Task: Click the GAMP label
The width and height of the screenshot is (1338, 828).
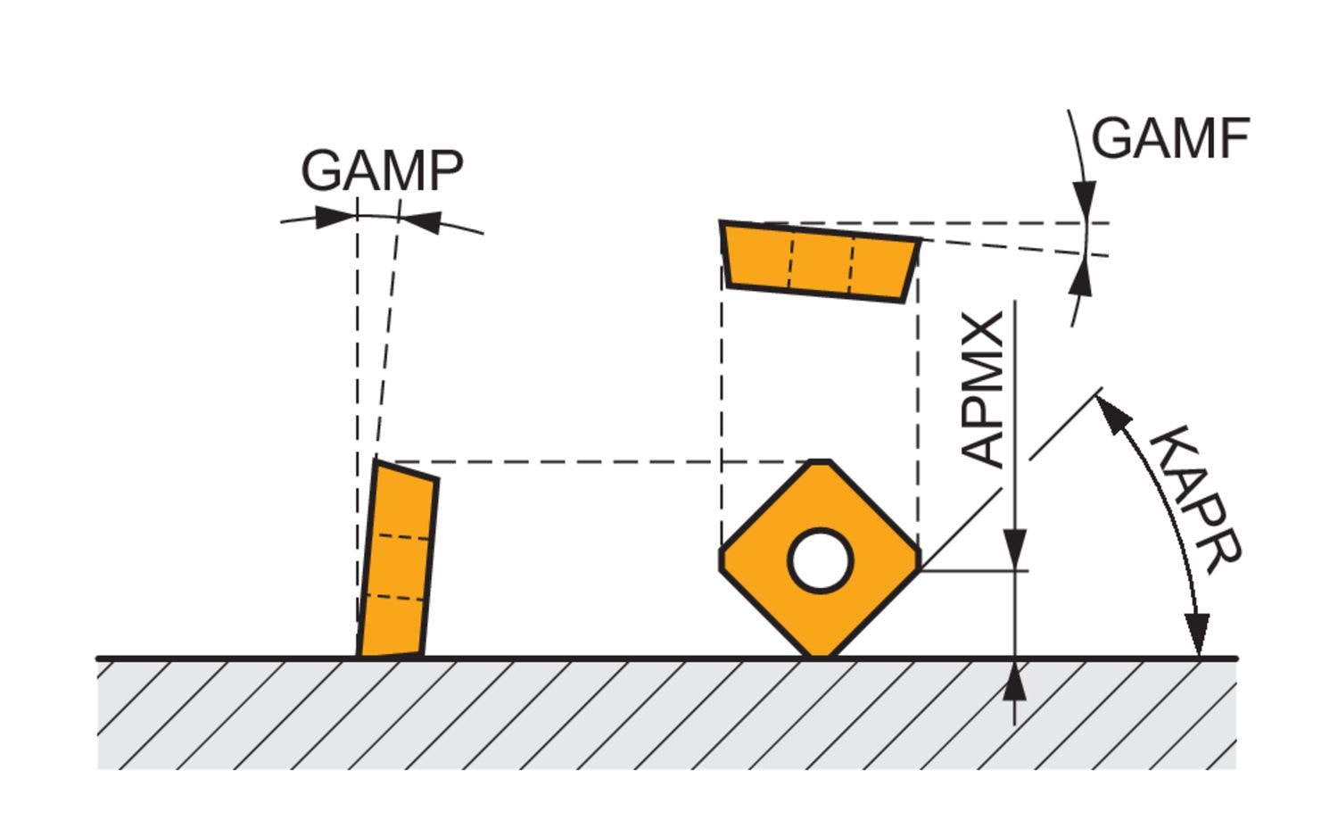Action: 382,170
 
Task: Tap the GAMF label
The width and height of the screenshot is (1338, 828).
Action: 1169,139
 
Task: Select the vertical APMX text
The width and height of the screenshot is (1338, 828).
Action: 985,389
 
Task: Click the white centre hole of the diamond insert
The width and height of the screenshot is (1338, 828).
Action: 821,560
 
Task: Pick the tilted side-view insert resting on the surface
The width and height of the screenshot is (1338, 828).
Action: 397,560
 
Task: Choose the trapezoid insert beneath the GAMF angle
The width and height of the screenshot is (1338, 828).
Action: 820,261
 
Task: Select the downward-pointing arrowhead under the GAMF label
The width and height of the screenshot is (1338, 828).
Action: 1084,197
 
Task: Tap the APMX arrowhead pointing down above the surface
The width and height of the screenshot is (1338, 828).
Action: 1015,547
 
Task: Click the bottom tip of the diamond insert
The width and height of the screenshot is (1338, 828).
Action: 820,655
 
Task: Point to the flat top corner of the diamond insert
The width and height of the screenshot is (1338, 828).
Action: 820,463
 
